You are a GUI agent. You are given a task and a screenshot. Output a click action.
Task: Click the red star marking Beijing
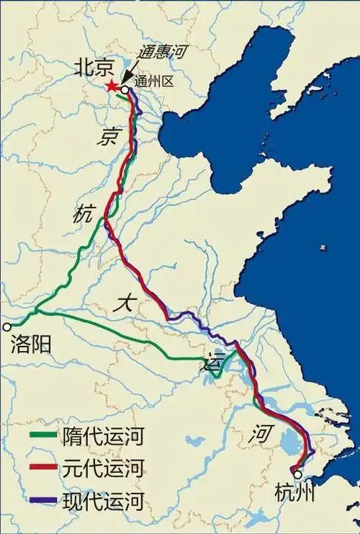pos(113,86)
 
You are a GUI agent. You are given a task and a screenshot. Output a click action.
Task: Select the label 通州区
pos(153,82)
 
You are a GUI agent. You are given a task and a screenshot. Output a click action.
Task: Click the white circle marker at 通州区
pos(125,90)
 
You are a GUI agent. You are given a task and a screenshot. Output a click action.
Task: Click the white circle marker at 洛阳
pos(7,326)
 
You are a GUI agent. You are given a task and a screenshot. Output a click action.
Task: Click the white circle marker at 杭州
pos(297,474)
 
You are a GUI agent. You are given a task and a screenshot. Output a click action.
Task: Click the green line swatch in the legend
pos(44,436)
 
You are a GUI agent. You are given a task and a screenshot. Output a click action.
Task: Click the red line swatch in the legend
pos(44,468)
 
